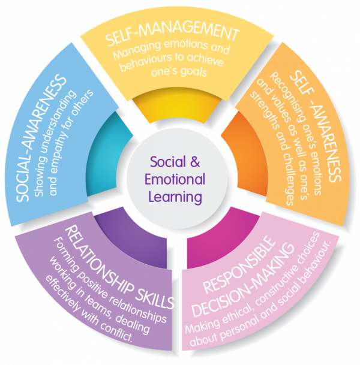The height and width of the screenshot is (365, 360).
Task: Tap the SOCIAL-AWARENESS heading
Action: (40, 137)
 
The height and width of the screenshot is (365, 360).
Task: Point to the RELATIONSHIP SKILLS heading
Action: (119, 268)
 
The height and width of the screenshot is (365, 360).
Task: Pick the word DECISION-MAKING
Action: (243, 279)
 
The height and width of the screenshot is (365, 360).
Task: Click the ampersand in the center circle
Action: (195, 162)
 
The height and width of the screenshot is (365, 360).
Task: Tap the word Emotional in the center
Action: (175, 179)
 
